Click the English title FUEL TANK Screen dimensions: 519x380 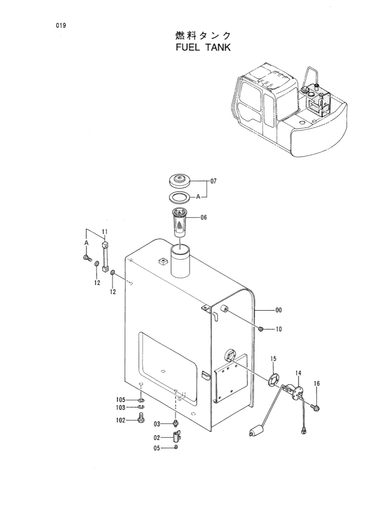click(204, 47)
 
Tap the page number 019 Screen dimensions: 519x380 click(61, 26)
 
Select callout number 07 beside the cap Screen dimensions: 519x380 click(213, 182)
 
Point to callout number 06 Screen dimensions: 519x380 click(204, 218)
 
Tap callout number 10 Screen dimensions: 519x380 click(278, 330)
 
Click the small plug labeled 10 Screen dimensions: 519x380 click(261, 330)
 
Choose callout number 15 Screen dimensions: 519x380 click(273, 359)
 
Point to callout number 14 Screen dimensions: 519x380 click(298, 373)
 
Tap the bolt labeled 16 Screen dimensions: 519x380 click(316, 408)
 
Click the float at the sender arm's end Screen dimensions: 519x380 click(255, 431)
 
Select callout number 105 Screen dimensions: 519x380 click(121, 400)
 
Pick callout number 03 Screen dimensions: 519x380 click(157, 424)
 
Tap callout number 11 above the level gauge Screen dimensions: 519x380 click(104, 232)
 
